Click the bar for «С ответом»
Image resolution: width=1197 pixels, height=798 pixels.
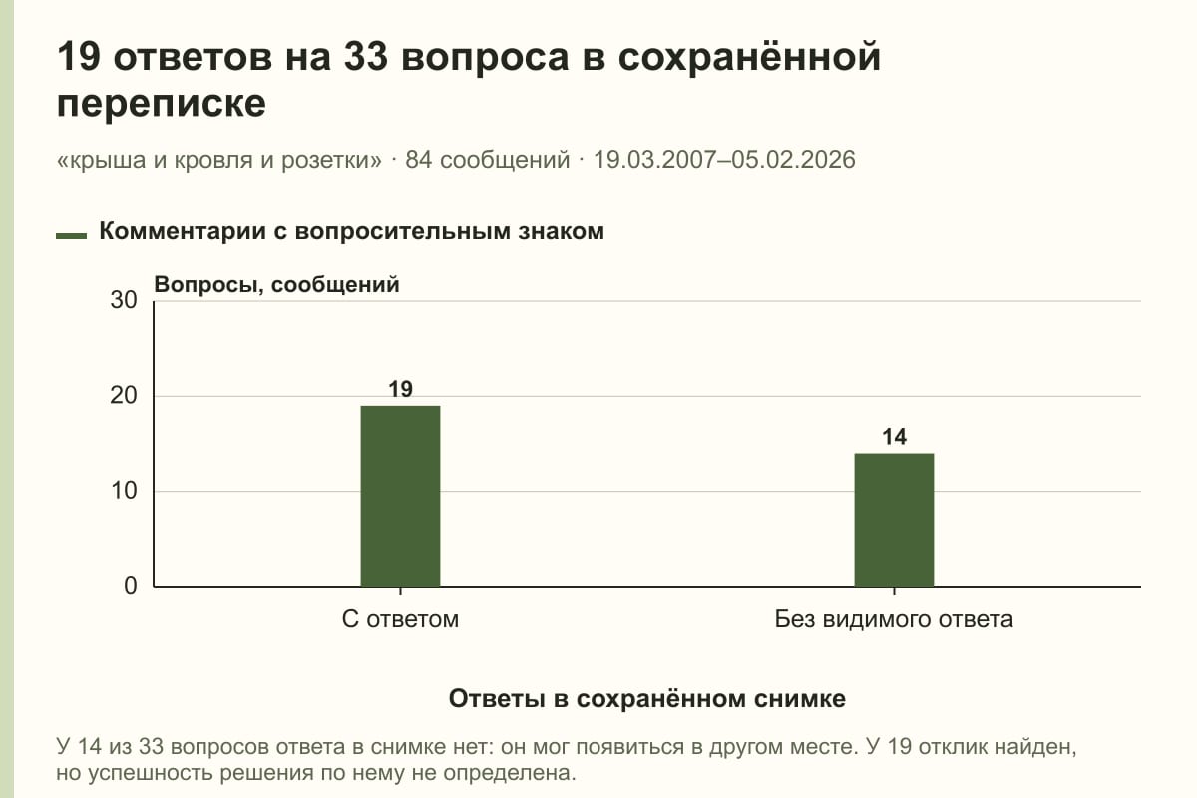tap(400, 496)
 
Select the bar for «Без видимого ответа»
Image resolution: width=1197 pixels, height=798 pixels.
tap(894, 520)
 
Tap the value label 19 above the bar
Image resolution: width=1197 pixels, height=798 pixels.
tap(400, 389)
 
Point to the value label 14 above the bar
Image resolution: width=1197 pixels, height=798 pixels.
tap(894, 437)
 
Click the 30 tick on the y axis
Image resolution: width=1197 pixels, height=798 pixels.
tap(124, 300)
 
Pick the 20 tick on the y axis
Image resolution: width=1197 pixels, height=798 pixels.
tap(124, 396)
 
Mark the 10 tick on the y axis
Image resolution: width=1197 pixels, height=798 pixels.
tap(124, 491)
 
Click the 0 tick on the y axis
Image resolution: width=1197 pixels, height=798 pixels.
tap(131, 586)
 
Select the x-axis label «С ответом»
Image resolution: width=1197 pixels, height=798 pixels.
tap(400, 619)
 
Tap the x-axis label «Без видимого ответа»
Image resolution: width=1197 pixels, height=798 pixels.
tap(894, 619)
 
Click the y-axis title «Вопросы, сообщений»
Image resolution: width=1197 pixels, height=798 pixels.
tap(277, 285)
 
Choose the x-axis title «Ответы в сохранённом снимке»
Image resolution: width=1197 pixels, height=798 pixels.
tap(647, 698)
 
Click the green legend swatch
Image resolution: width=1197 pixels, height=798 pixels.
tap(71, 235)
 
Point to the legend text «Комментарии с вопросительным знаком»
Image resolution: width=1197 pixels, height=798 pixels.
tap(351, 232)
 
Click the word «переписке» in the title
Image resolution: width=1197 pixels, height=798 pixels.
tap(162, 104)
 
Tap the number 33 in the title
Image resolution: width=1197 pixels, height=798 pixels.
tap(365, 57)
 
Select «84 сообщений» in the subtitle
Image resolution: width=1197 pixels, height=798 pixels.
tap(488, 160)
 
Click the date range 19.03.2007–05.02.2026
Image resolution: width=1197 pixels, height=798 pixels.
tap(724, 160)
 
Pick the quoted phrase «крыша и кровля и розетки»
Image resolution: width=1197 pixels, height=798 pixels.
tap(219, 160)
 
